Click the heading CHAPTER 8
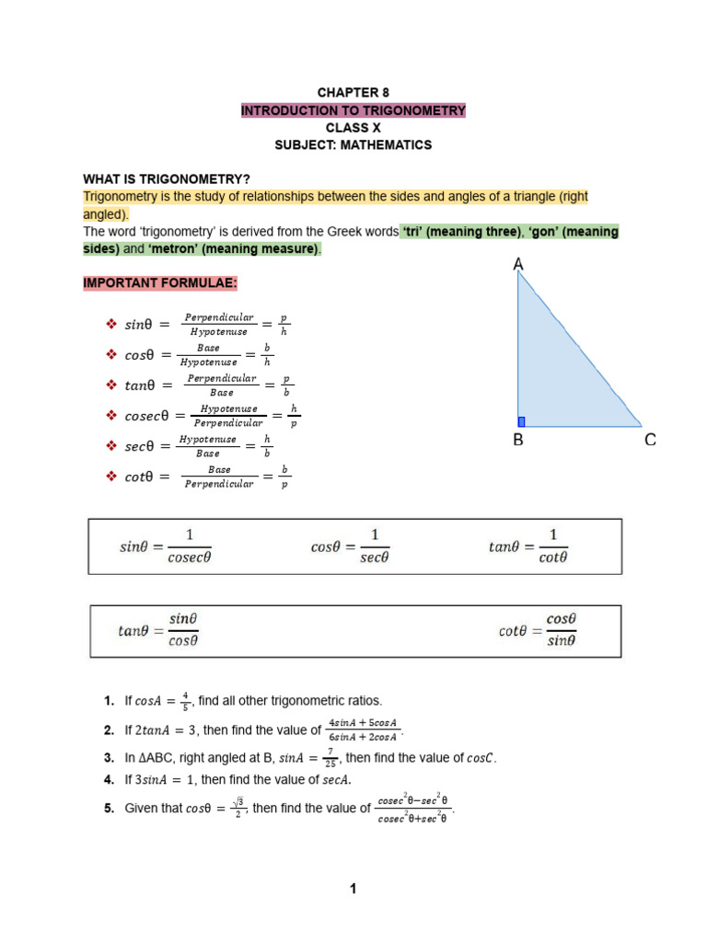pos(353,93)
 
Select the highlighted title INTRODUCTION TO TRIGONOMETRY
pos(353,110)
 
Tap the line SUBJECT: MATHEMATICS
pos(353,145)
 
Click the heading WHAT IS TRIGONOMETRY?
pos(167,179)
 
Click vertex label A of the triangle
pos(518,265)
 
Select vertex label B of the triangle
pos(518,441)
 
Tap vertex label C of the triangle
pos(650,441)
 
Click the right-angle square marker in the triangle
pos(521,421)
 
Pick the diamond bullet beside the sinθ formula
pos(111,324)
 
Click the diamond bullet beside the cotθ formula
pos(111,476)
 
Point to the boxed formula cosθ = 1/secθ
pos(350,546)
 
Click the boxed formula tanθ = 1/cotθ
pos(528,546)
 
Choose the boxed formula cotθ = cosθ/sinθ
pos(538,630)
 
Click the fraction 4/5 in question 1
pos(184,701)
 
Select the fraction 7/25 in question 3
pos(330,758)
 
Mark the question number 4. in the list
pos(109,780)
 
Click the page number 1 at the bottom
pos(353,888)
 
